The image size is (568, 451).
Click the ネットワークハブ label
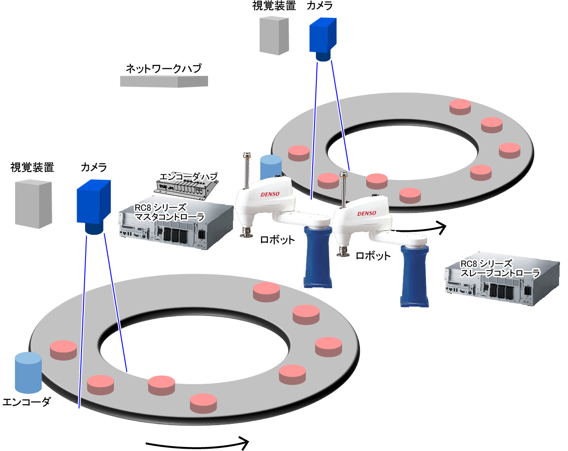click(x=164, y=69)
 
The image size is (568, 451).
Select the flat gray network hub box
click(x=164, y=81)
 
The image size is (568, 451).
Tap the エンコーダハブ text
click(x=188, y=176)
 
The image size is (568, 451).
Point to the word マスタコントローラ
click(x=169, y=217)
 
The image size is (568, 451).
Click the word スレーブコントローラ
click(x=500, y=273)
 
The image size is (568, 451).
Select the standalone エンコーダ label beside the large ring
click(x=26, y=402)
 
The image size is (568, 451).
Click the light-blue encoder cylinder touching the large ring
click(x=28, y=372)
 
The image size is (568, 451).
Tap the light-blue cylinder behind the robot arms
click(x=271, y=167)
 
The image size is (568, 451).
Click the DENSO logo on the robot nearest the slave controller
click(x=367, y=213)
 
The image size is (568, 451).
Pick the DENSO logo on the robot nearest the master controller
click(x=270, y=194)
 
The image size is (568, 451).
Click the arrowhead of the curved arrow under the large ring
click(x=243, y=443)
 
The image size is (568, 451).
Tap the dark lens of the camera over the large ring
click(x=94, y=229)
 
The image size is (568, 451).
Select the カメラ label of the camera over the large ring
click(x=94, y=168)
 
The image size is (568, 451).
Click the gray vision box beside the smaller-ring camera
click(x=274, y=36)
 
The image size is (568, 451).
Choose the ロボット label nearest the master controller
click(x=277, y=240)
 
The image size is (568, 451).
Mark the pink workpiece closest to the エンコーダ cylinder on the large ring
click(x=63, y=350)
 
